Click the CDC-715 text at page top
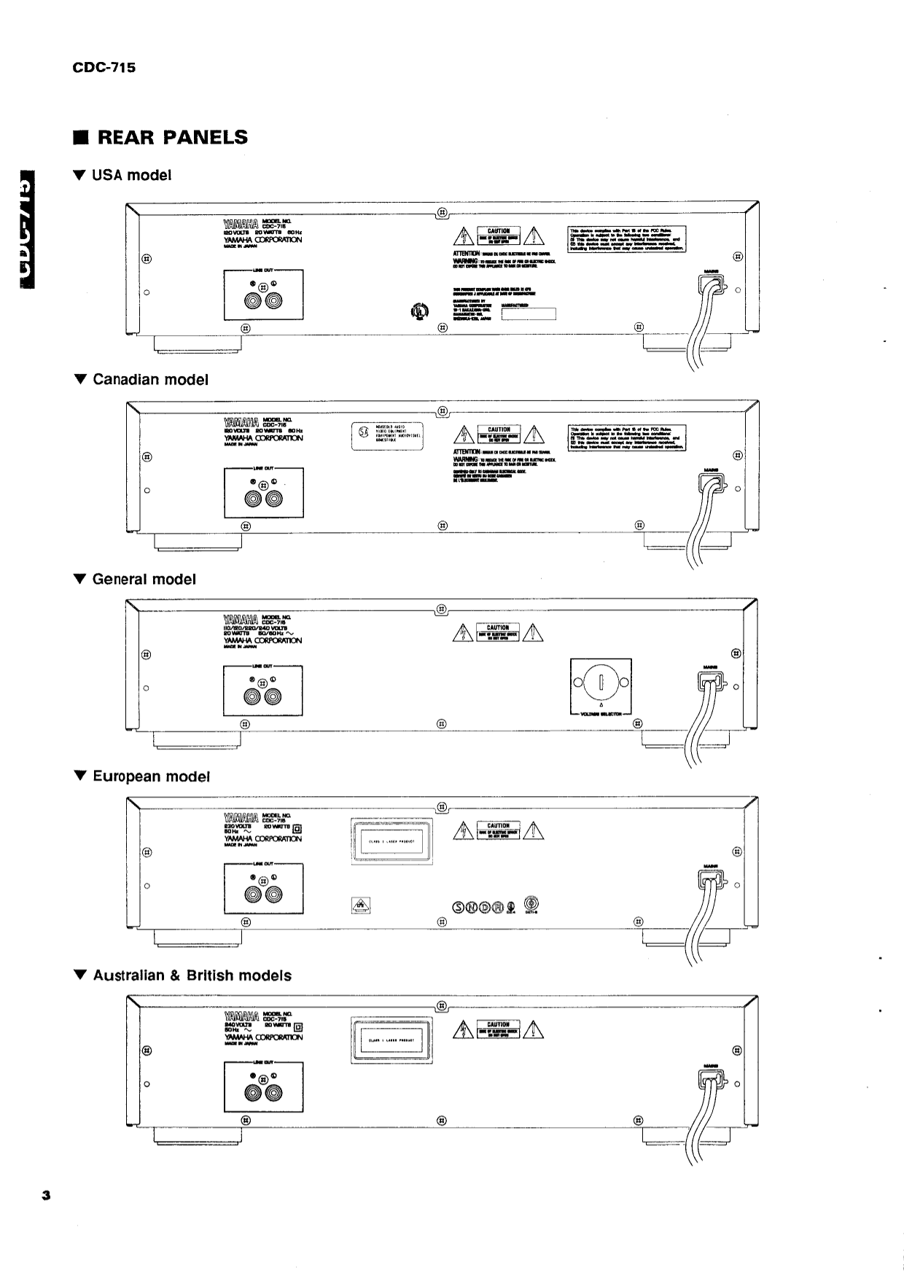[104, 68]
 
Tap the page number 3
[46, 1195]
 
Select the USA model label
[124, 175]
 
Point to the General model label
[136, 579]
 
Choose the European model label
[143, 776]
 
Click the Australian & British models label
[184, 975]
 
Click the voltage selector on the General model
[601, 684]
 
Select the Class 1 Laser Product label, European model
[390, 841]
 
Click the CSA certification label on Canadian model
[388, 436]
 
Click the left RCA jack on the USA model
[254, 301]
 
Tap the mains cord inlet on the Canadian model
[711, 483]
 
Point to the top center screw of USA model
[441, 213]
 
